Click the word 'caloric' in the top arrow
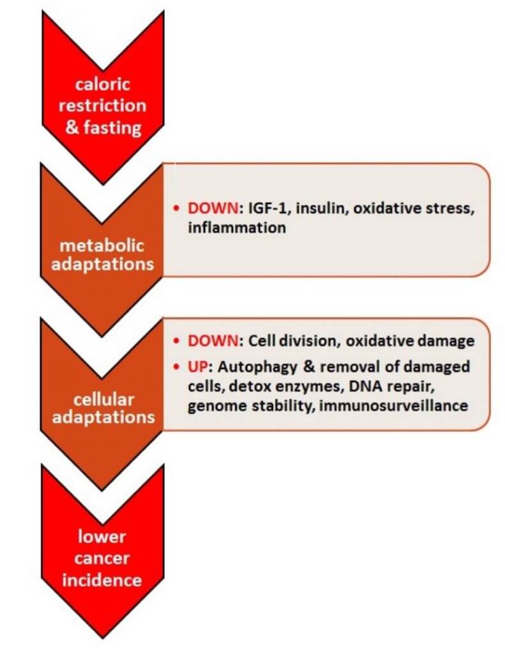[103, 84]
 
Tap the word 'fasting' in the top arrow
[112, 128]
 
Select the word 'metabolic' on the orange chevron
[102, 246]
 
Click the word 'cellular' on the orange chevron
[104, 399]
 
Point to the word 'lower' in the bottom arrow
[102, 536]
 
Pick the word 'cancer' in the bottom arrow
[102, 559]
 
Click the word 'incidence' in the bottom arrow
[102, 580]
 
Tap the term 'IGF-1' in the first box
[268, 208]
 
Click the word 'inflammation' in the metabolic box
[237, 228]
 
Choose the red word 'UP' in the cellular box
[199, 367]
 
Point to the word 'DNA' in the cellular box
[364, 386]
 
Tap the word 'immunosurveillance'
[393, 405]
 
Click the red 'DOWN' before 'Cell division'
[213, 341]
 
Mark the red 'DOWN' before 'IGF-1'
[213, 208]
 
